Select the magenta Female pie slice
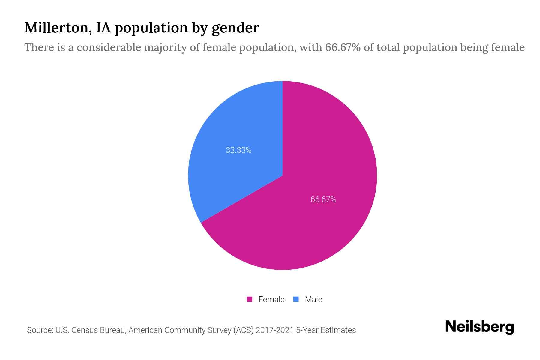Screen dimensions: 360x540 315,210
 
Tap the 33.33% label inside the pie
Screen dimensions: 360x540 238,150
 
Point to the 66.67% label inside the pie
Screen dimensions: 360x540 323,199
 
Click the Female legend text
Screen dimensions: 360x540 271,299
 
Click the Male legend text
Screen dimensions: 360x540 313,299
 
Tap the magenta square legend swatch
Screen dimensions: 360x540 249,299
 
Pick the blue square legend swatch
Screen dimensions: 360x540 296,299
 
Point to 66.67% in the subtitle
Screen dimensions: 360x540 343,47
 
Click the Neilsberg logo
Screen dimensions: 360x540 479,327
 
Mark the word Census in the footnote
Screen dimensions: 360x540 85,330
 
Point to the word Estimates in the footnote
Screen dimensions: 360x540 338,330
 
